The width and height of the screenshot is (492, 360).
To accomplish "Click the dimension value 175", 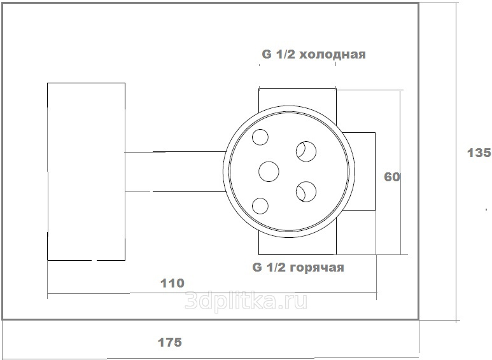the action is point(169,342).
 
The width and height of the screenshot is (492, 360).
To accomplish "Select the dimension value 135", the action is point(479,153).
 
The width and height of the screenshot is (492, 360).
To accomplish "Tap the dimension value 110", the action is point(172,284).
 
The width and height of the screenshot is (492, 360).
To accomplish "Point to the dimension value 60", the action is point(392,177).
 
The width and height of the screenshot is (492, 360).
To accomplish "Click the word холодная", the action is point(333,55).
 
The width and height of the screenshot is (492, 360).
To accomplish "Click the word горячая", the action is point(316,268).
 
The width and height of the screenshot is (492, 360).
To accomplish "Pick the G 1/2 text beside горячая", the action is point(269,267).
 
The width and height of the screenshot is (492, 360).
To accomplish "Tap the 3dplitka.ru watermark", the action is point(246,300).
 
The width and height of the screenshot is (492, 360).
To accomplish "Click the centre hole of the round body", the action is point(269,172).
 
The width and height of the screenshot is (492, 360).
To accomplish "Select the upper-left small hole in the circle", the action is point(260,137).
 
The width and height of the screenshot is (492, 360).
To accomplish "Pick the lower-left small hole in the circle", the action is point(260,206).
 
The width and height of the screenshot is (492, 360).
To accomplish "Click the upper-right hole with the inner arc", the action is point(306,151).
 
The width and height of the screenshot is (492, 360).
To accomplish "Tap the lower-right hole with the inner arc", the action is point(306,191).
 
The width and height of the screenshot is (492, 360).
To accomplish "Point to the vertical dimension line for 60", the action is point(400,172).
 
